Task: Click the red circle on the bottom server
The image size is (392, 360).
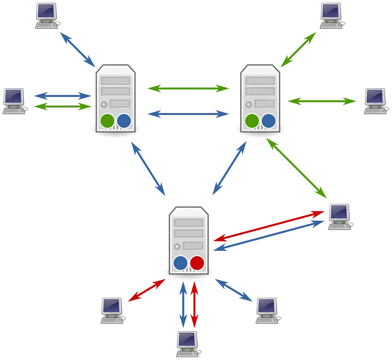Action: (x=197, y=263)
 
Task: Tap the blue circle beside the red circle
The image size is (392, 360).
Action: (x=180, y=263)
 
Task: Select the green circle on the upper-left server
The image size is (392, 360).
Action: (x=107, y=121)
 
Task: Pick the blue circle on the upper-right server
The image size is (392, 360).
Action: (x=269, y=121)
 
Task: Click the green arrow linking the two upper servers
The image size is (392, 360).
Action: (x=188, y=88)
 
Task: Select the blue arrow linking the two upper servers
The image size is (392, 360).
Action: (x=188, y=114)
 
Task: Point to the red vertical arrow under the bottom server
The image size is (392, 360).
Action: (x=194, y=305)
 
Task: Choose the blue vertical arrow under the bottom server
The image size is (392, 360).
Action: (x=183, y=305)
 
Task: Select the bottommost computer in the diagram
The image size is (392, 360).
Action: (x=187, y=344)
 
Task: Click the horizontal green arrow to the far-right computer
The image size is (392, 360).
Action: (x=322, y=101)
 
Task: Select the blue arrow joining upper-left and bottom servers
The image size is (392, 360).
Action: (x=148, y=168)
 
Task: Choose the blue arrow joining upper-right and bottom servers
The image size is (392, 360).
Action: (x=229, y=168)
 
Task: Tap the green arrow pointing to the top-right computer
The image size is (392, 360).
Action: (x=298, y=50)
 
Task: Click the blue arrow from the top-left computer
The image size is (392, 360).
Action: (x=77, y=50)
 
